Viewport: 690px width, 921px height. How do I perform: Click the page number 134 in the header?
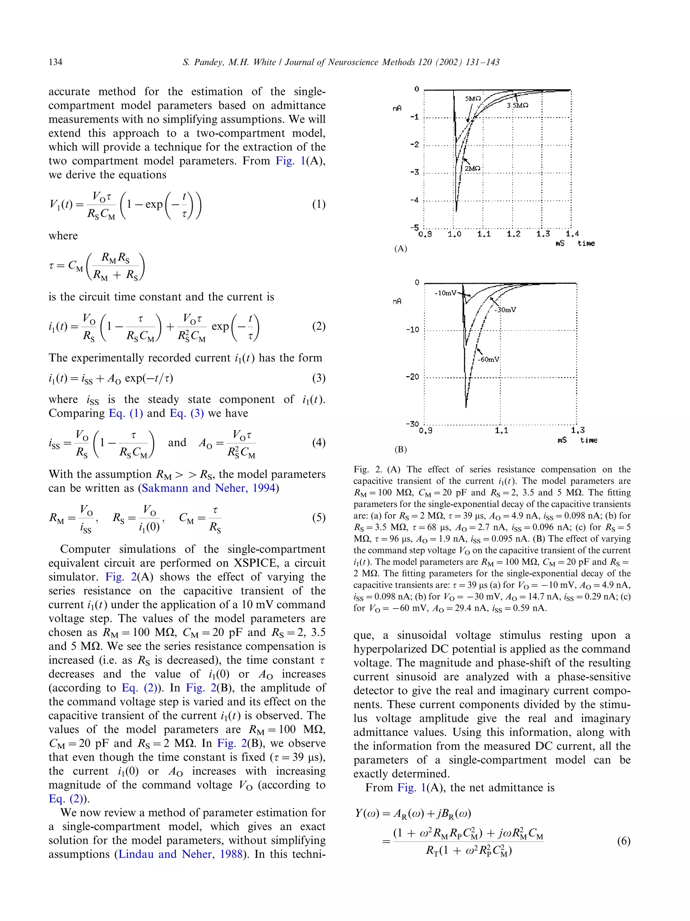[x=55, y=62]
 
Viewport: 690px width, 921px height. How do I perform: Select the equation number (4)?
[x=318, y=442]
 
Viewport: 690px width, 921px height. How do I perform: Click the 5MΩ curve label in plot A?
[x=472, y=99]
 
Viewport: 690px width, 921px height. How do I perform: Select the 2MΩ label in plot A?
[x=472, y=168]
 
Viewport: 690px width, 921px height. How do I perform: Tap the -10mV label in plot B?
[x=445, y=293]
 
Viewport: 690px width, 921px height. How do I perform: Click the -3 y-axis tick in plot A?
[x=414, y=172]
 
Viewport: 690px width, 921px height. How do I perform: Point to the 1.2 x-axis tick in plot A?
[x=513, y=234]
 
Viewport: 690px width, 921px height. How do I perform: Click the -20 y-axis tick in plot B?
[x=412, y=377]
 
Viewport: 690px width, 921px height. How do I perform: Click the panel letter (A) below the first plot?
[x=400, y=249]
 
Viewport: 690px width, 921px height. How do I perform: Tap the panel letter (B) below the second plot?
[x=400, y=449]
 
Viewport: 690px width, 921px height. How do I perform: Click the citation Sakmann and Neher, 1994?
[x=209, y=488]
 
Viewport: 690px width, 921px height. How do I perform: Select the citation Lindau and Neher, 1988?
[x=181, y=854]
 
